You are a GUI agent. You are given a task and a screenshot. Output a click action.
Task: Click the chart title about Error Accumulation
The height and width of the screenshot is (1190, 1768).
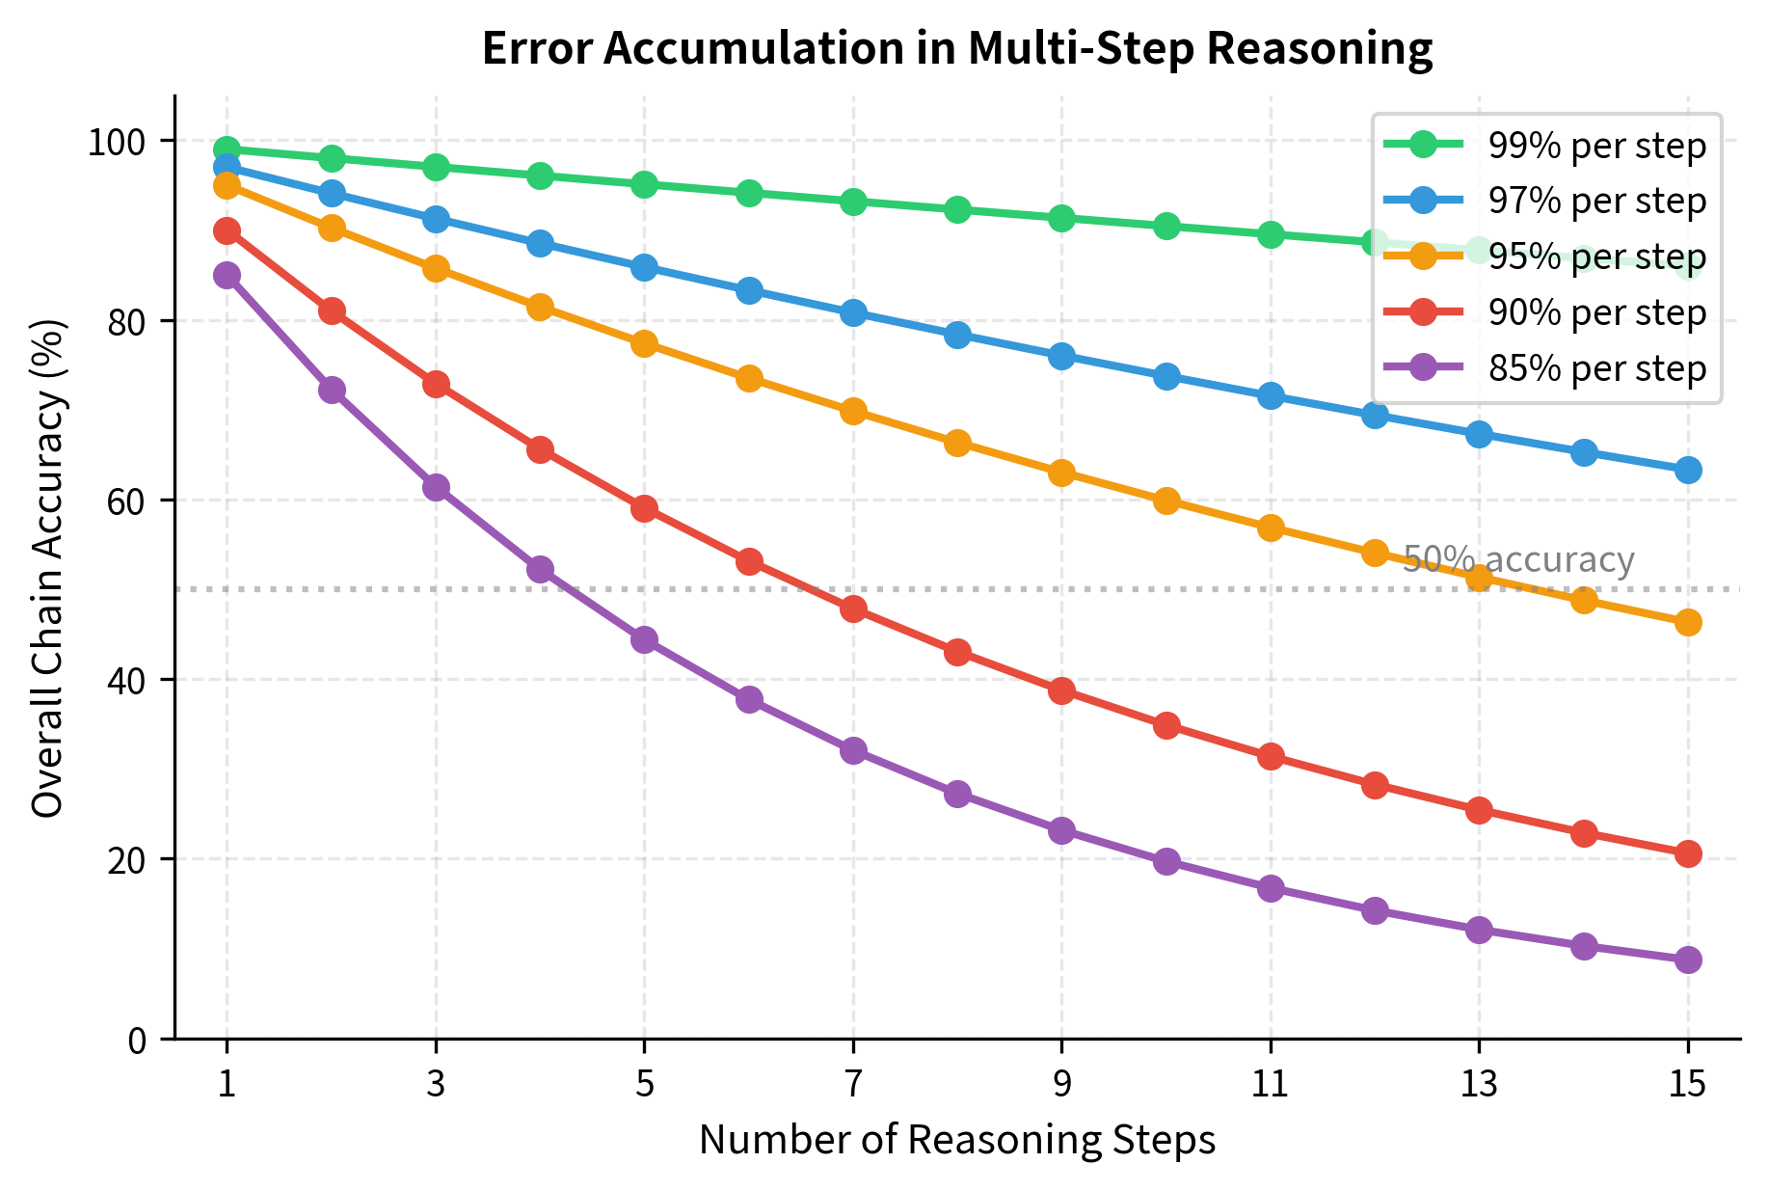tap(956, 48)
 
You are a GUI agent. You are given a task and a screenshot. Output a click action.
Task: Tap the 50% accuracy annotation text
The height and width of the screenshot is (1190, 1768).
tap(1518, 560)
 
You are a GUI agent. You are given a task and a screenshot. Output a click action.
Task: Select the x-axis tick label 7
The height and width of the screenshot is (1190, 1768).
tap(853, 1085)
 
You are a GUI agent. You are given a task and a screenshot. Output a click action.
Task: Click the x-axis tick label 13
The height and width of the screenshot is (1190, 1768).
tap(1479, 1085)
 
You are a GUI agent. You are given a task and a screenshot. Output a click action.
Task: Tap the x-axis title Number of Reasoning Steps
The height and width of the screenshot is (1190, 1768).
tap(956, 1141)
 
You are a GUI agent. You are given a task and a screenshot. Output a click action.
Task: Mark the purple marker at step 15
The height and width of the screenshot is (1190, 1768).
tap(1688, 960)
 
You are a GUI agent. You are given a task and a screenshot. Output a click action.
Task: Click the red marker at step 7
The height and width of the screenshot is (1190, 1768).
tap(853, 609)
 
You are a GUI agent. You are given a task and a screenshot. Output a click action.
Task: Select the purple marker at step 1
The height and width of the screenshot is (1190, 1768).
tap(227, 276)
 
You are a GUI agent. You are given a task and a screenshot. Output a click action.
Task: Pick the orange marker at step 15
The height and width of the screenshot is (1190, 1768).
tap(1688, 622)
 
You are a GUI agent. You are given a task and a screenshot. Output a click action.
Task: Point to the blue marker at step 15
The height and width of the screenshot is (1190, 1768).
tap(1688, 470)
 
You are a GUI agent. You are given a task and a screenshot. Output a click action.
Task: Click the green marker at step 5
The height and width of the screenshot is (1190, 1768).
tap(644, 184)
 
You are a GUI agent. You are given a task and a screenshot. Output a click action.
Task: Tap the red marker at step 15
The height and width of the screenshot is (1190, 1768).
tap(1688, 853)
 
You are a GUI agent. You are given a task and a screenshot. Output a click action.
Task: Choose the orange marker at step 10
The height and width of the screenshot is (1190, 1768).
tap(1166, 500)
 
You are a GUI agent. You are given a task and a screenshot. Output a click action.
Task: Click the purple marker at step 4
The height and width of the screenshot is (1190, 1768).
tap(540, 569)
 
